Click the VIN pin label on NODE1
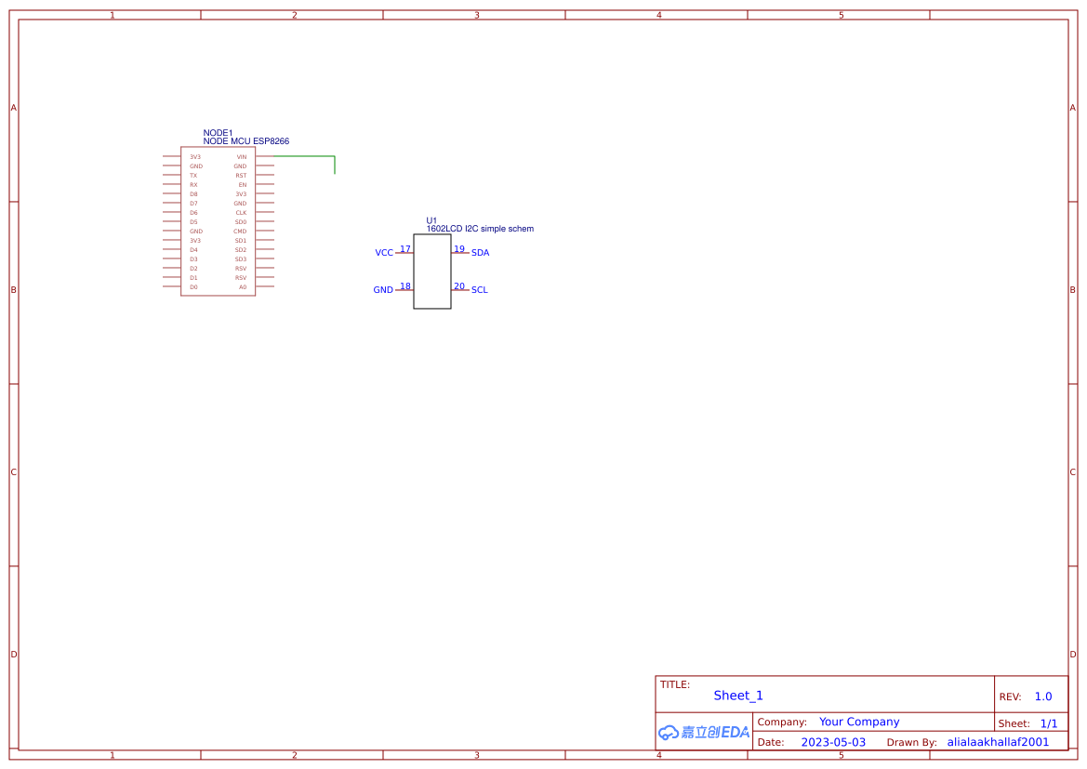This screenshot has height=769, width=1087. point(242,157)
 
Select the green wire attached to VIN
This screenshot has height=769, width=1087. point(307,157)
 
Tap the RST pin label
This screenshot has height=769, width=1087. point(241,176)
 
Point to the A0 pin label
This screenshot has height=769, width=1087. point(243,287)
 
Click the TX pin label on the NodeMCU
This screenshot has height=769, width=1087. point(193,176)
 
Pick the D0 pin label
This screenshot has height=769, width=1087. point(193,287)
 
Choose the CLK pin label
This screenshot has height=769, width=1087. point(241,213)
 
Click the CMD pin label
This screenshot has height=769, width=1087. point(240,232)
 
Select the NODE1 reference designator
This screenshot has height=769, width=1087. point(218,133)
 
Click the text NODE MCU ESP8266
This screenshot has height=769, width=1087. point(245,141)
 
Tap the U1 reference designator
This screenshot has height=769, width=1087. point(431,220)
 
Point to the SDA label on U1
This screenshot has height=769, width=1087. point(480,253)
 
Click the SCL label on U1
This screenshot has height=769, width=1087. point(479,290)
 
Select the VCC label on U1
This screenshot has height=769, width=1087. point(384,253)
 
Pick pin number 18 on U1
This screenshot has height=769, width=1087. point(405,286)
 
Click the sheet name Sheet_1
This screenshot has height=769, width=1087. point(738,696)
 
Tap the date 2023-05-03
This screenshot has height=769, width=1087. point(833,742)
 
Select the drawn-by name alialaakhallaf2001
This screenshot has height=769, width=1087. point(998,742)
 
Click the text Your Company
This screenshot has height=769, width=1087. point(859,722)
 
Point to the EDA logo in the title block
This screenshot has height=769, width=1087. point(704,732)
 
